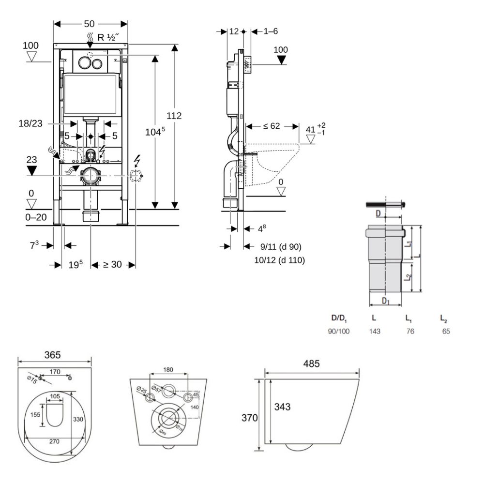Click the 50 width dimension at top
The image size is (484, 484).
pyautogui.click(x=90, y=24)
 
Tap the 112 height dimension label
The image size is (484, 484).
pyautogui.click(x=174, y=116)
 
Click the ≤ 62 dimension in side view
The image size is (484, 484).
pyautogui.click(x=272, y=126)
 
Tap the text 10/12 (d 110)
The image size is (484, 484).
pyautogui.click(x=279, y=260)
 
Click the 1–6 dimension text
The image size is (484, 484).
pyautogui.click(x=271, y=31)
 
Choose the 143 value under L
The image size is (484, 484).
pyautogui.click(x=374, y=332)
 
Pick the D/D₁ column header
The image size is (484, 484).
pyautogui.click(x=339, y=318)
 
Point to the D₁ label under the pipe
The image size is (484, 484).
pyautogui.click(x=385, y=301)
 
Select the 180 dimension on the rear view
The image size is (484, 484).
pyautogui.click(x=168, y=370)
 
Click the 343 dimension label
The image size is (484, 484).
pyautogui.click(x=282, y=407)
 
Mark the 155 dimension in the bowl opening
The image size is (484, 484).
pyautogui.click(x=35, y=415)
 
